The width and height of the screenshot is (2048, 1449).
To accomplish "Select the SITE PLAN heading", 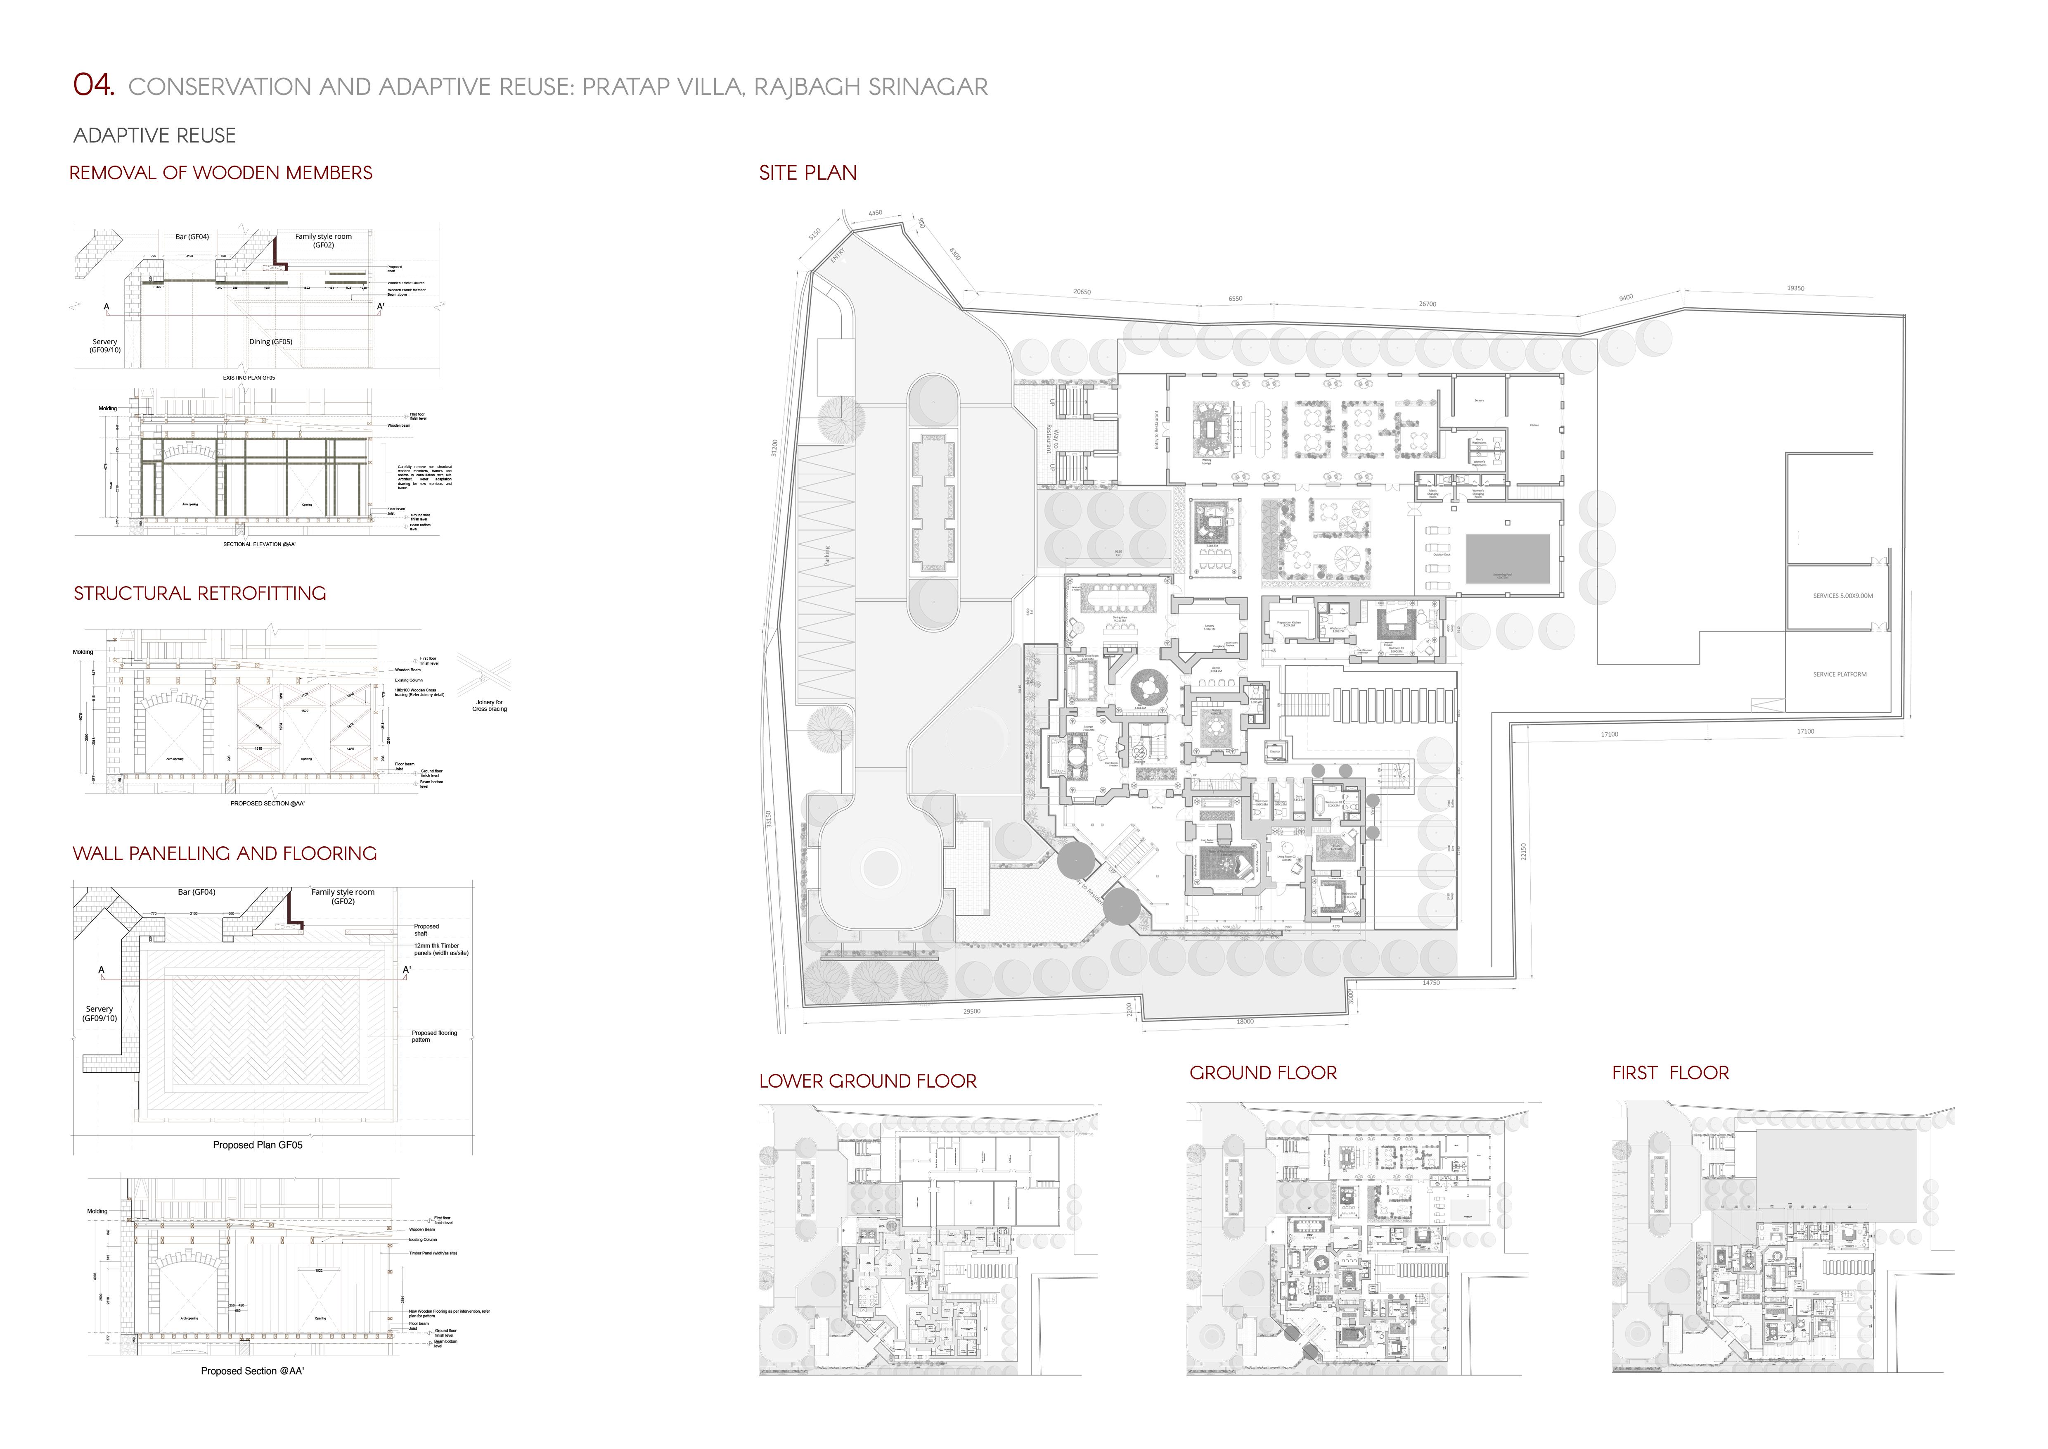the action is pyautogui.click(x=807, y=173).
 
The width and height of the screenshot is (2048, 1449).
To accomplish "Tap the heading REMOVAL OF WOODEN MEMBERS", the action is pyautogui.click(x=220, y=173).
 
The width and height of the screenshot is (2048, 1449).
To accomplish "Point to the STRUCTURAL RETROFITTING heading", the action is pyautogui.click(x=200, y=593).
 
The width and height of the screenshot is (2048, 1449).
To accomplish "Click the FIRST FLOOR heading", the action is pyautogui.click(x=1670, y=1072).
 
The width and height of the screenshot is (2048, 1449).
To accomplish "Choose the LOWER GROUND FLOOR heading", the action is pyautogui.click(x=867, y=1081).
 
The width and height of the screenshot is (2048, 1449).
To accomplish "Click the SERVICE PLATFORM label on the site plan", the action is pyautogui.click(x=1839, y=675).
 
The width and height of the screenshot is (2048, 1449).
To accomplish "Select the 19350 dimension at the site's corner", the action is pyautogui.click(x=1795, y=288).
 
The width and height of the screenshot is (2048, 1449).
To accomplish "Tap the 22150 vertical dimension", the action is pyautogui.click(x=1523, y=852).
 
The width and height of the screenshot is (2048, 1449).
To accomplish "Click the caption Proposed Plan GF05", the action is pyautogui.click(x=257, y=1145).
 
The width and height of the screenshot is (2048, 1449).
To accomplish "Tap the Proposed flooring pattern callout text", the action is pyautogui.click(x=433, y=1036).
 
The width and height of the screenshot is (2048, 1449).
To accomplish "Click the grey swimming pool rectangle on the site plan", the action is pyautogui.click(x=1508, y=558).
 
